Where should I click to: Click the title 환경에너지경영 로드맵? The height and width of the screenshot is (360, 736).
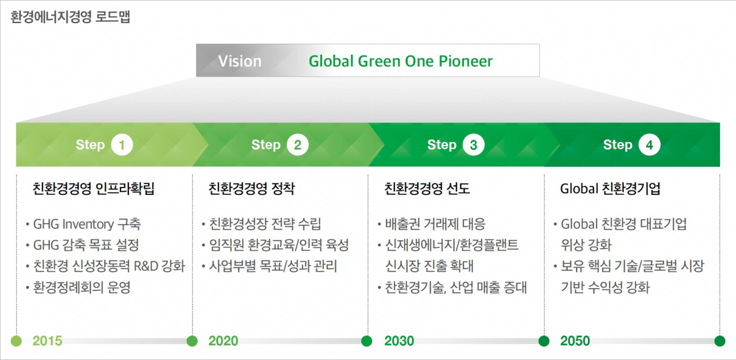[70, 17]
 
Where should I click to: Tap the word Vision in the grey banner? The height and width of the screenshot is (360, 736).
[240, 62]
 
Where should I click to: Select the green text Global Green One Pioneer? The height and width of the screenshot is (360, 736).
[401, 62]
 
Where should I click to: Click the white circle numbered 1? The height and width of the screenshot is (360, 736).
[122, 145]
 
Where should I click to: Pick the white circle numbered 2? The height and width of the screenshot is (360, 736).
[298, 145]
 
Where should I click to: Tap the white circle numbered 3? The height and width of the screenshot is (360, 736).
[473, 145]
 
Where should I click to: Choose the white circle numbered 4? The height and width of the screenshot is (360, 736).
[650, 145]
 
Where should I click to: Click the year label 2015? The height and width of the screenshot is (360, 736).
[47, 341]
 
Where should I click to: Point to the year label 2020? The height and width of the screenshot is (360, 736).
[224, 341]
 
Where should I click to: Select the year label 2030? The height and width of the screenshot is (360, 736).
[399, 341]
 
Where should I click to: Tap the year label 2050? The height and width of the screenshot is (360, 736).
[575, 341]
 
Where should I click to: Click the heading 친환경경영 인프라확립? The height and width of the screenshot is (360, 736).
[94, 189]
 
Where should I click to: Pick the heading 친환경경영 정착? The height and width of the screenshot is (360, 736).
[252, 189]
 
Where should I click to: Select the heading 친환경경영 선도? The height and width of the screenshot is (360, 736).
[427, 189]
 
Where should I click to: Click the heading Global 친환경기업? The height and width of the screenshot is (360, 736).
[610, 189]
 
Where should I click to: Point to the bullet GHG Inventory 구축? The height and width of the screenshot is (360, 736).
[87, 224]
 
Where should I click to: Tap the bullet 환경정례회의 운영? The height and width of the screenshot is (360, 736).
[82, 288]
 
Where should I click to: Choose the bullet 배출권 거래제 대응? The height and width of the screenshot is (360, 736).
[435, 224]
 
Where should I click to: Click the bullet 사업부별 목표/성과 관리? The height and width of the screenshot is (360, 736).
[273, 266]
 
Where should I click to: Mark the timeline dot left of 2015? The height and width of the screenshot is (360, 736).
[17, 341]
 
